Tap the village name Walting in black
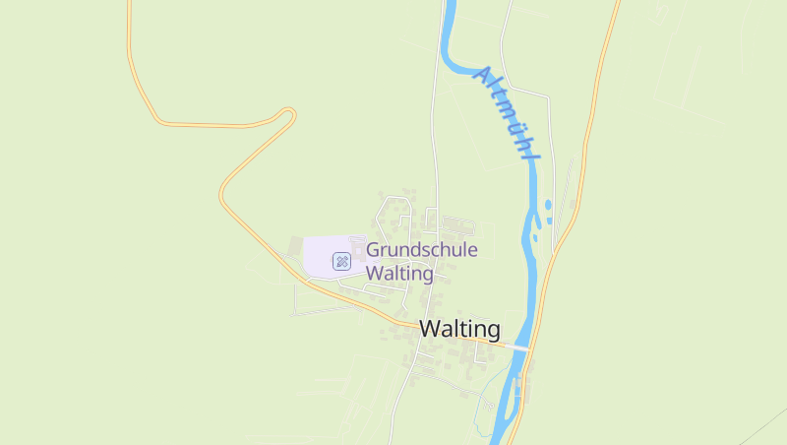click(x=459, y=329)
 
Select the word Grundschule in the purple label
click(x=422, y=250)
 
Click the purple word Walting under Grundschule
click(x=399, y=274)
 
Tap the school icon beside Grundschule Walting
click(x=341, y=261)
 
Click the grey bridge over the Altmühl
click(x=519, y=348)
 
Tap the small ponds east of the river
click(x=548, y=207)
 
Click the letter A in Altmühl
click(x=483, y=74)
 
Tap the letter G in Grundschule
click(x=374, y=250)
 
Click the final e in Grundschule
click(x=472, y=250)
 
